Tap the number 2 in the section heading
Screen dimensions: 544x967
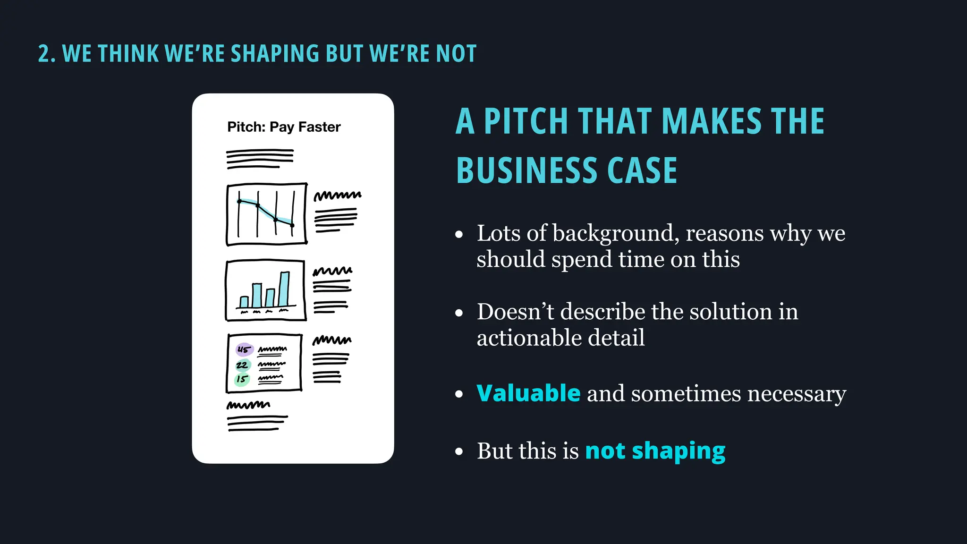(x=43, y=53)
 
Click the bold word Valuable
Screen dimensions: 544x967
(x=528, y=393)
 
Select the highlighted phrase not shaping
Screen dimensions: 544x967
(x=655, y=451)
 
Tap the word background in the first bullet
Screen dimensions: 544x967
(x=615, y=233)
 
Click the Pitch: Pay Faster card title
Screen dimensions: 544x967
(x=284, y=127)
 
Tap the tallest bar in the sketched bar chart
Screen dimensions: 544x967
(x=284, y=289)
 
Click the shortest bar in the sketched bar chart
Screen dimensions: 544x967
(x=244, y=302)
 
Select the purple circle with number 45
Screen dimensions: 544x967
(x=244, y=350)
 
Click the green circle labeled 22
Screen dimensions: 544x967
(x=242, y=365)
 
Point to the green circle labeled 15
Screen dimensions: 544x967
(x=242, y=379)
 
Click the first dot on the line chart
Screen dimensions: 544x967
(x=239, y=202)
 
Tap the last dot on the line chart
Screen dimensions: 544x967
(x=292, y=225)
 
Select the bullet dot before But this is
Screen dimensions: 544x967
(x=459, y=451)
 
